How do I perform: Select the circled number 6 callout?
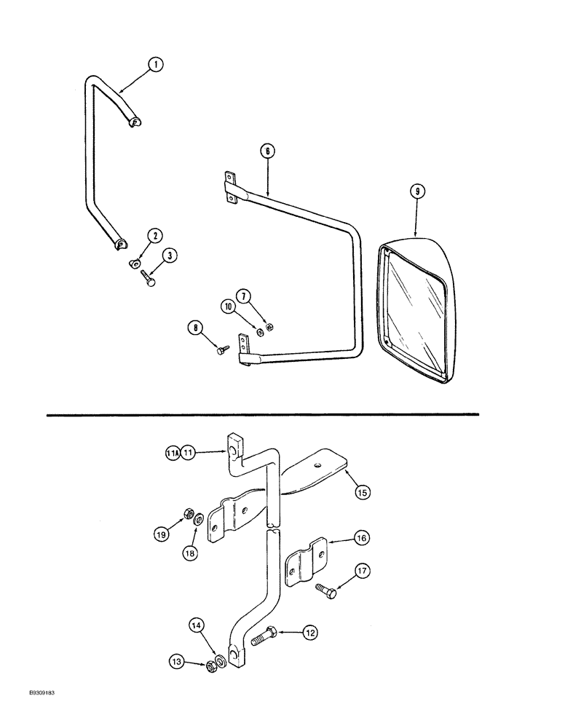(x=266, y=151)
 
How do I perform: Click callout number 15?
(x=362, y=493)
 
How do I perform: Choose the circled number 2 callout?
(x=154, y=236)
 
